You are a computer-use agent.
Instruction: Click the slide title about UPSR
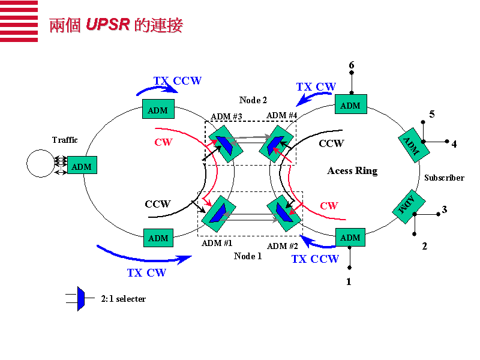tap(116, 25)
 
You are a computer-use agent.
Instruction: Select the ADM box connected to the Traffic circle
tap(81, 166)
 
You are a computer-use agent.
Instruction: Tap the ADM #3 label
tap(226, 116)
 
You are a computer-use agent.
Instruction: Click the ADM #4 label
tap(282, 115)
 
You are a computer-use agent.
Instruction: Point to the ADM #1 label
tap(217, 243)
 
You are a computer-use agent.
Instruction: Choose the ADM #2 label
tap(283, 245)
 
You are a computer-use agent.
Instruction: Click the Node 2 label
tap(253, 100)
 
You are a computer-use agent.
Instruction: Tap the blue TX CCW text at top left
tap(178, 81)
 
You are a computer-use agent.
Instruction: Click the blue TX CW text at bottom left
tap(146, 273)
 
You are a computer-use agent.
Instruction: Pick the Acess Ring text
tap(352, 171)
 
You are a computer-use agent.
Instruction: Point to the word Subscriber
tap(444, 178)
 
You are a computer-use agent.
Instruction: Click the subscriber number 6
tap(352, 65)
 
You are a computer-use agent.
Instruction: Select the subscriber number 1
tap(349, 281)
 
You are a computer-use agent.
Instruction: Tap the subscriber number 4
tap(454, 144)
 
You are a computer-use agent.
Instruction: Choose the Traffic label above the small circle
tap(65, 140)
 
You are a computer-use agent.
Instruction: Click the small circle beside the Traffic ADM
tap(40, 164)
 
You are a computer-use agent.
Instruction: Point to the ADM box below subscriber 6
tap(350, 106)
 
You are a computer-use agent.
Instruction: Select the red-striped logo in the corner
tap(19, 21)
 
